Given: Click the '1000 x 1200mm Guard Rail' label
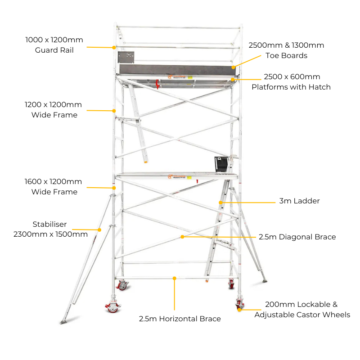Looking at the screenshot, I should pos(54,45).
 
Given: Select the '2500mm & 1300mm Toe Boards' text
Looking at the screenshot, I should pos(286,50).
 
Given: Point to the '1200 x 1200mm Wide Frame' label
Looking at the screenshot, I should pos(54,110).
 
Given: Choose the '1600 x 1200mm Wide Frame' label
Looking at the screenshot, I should pos(54,187).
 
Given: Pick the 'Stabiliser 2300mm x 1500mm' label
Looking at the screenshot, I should pos(50,229).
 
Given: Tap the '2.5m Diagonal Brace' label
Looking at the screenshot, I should pos(297,237).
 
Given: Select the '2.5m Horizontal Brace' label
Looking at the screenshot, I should pos(180,319).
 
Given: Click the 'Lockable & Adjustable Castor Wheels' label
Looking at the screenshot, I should pos(302,310).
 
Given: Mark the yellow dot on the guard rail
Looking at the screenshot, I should pos(114,47).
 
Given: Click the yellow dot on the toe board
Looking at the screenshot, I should pos(234,67).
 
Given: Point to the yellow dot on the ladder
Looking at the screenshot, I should pos(220,202).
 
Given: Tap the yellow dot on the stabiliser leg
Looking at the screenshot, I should pos(99,230).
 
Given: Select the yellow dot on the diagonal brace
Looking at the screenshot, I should pos(182,237).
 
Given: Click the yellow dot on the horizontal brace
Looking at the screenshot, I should pos(174,278).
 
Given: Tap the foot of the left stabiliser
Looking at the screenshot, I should pos(63,321).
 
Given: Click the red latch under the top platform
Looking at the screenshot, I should pos(157,84).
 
